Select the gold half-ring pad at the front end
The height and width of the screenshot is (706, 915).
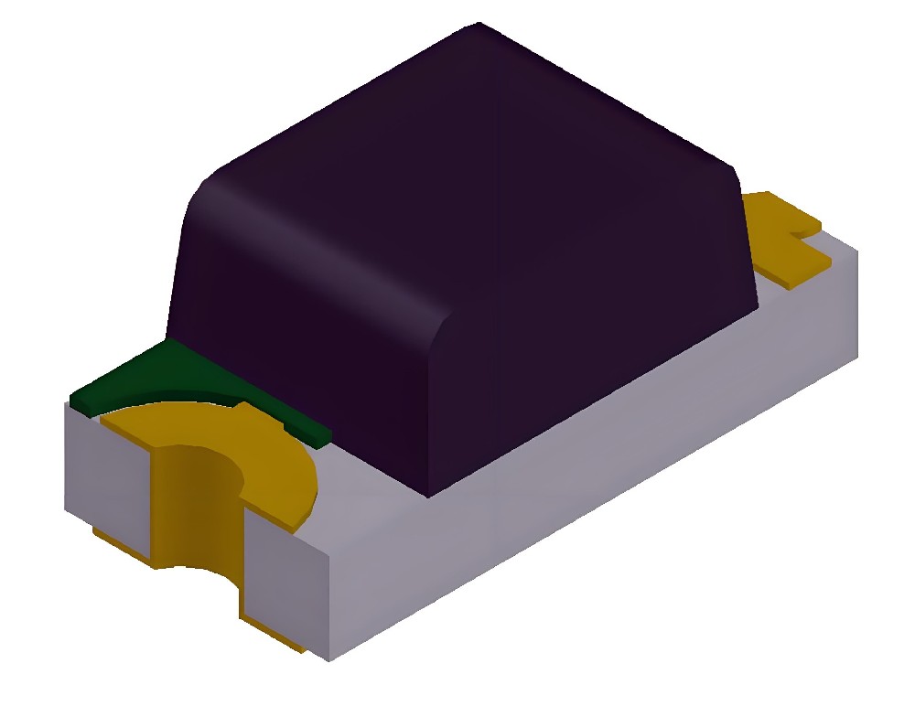coord(274,457)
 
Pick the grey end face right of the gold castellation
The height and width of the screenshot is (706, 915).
coord(284,585)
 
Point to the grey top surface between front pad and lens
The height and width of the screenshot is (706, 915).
coord(366,476)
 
